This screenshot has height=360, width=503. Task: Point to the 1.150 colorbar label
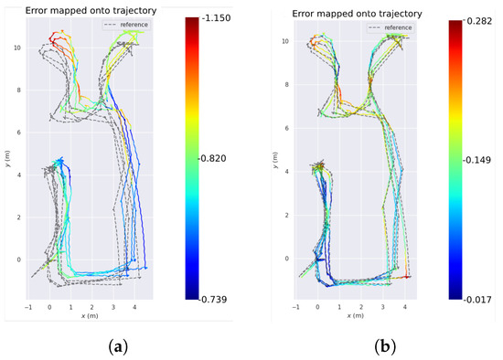(x=217, y=17)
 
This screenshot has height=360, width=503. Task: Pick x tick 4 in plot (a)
(x=134, y=307)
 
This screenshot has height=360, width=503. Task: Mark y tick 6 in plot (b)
(x=286, y=128)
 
